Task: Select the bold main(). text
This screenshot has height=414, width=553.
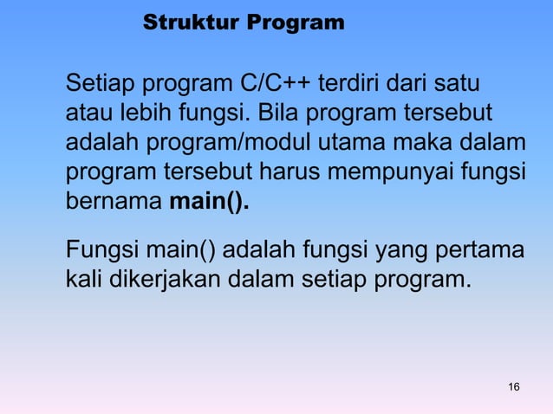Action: [x=209, y=204]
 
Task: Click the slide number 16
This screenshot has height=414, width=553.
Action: [x=514, y=385]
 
